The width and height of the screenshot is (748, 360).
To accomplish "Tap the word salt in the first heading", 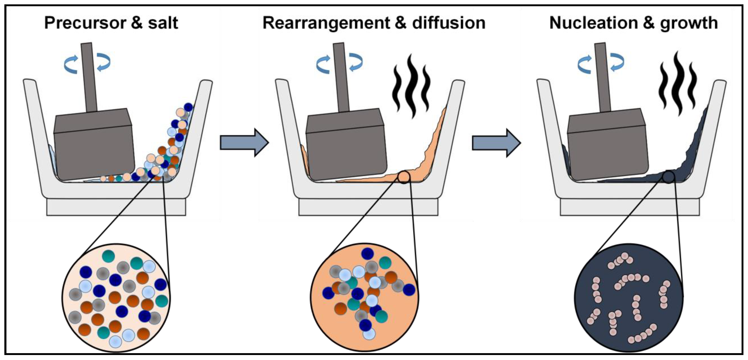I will pos(163,23).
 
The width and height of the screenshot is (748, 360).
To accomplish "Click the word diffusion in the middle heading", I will pos(449,23).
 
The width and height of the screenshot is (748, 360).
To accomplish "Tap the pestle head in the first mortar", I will pos(94,145).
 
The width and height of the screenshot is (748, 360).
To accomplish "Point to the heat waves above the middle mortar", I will pos(411,87).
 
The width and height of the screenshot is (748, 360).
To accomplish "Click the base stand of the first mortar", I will pos(116,207).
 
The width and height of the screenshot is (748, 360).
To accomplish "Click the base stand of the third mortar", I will pos(629,207).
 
